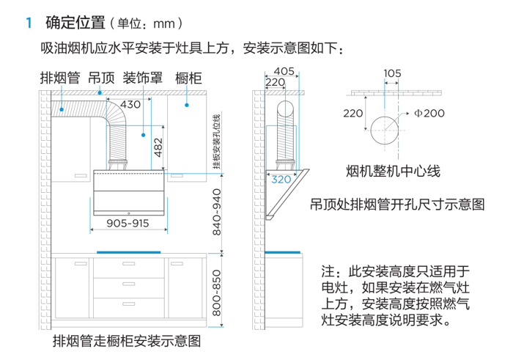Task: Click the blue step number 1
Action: [x=29, y=23]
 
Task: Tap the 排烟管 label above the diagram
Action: [x=60, y=78]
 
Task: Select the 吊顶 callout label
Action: [x=101, y=78]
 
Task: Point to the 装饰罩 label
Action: [x=143, y=78]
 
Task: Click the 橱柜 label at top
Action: [x=188, y=78]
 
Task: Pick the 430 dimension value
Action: [x=130, y=104]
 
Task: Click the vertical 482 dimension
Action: [x=158, y=147]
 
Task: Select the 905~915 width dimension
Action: [x=128, y=223]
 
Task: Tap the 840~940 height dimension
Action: [x=217, y=212]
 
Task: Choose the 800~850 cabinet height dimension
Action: [x=217, y=293]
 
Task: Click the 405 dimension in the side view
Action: [x=284, y=71]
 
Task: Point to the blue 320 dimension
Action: [x=281, y=180]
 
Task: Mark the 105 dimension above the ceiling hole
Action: [x=392, y=73]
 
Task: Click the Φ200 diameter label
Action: [x=429, y=113]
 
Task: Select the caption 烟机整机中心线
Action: [x=394, y=171]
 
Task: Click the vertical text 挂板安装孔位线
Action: [x=217, y=142]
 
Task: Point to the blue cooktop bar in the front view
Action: [x=128, y=252]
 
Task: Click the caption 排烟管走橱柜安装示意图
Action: [x=127, y=341]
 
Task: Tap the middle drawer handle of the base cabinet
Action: [x=128, y=284]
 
